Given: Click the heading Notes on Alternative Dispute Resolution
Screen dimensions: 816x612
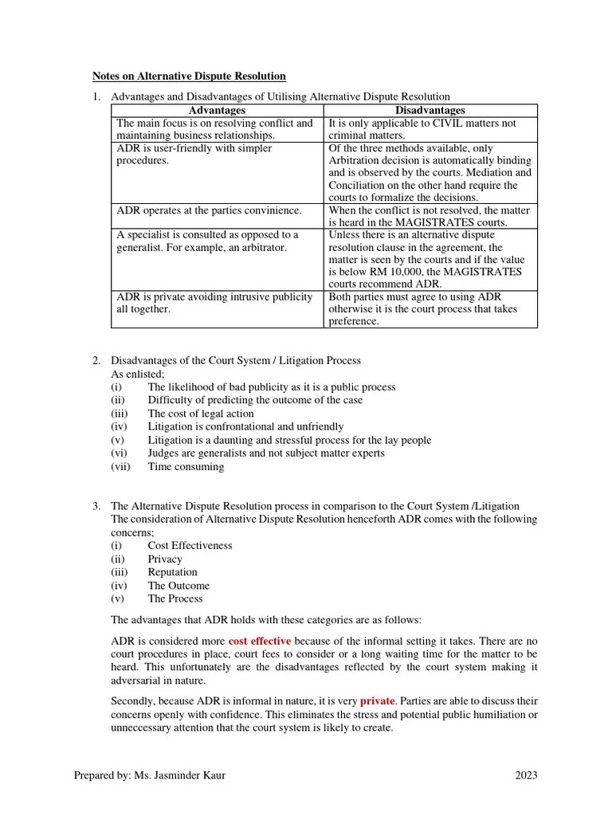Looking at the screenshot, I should pos(189,76).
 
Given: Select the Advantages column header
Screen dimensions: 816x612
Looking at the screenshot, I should pos(217,110).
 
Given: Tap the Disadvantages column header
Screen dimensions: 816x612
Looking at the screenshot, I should pos(430,110).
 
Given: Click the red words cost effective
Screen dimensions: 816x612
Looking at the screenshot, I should pos(259,641).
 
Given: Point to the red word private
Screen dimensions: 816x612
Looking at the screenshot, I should pos(377,701).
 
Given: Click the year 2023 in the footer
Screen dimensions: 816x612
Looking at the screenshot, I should pos(525,775).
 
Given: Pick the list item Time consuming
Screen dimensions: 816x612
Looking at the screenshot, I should pos(186,467).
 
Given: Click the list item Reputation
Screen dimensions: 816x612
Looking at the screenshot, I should pos(172,572).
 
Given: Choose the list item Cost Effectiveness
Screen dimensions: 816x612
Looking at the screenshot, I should pos(190,546).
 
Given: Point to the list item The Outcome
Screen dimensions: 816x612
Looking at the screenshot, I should pos(178,586).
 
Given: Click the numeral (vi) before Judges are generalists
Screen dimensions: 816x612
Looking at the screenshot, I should pos(119,453).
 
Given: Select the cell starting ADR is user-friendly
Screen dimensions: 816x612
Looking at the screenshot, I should pos(217,155).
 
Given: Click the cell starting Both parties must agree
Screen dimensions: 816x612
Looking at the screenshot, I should pos(430,308).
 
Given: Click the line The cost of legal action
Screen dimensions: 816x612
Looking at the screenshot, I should pos(201,414).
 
